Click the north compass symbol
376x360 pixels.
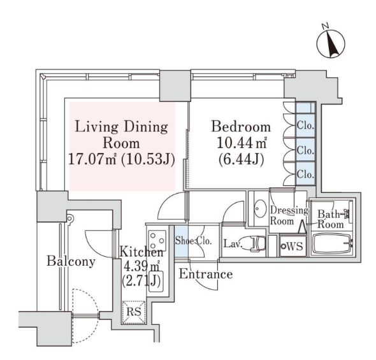coord(331,44)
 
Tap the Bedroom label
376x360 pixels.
coord(241,127)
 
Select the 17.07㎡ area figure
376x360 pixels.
coord(92,159)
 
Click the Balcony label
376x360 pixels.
coord(71,261)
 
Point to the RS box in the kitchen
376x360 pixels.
coord(134,312)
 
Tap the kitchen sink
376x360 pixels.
coord(156,281)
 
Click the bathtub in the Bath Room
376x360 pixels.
coord(331,243)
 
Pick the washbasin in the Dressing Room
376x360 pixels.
coord(260,208)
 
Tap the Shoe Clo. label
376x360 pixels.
coord(193,241)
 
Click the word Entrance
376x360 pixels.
coord(206,275)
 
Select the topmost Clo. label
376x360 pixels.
coord(305,126)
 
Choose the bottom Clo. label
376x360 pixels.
coord(305,174)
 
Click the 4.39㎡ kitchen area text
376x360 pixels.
coord(141,266)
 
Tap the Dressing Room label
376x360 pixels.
coord(289,215)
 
